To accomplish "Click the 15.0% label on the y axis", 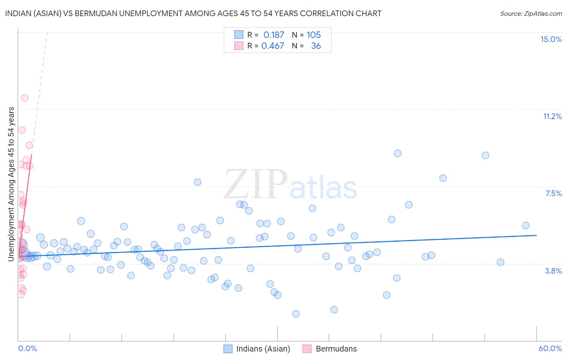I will click(551, 39).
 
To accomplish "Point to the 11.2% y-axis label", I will click(552, 116).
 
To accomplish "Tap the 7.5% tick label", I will click(553, 193).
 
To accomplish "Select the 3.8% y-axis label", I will click(553, 271).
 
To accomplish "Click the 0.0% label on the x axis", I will click(27, 348).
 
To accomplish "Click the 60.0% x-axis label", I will click(550, 348).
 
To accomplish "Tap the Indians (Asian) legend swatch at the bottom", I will click(228, 349).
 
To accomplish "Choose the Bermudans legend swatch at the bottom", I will click(307, 349).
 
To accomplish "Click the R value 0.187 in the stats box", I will click(274, 35).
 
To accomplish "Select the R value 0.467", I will click(273, 46).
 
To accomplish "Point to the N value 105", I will click(314, 35).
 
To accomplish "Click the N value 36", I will click(316, 46).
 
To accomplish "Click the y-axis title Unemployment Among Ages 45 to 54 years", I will click(11, 184).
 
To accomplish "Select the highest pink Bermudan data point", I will click(25, 98).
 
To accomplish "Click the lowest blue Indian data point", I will click(296, 314).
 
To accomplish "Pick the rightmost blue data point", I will click(525, 226).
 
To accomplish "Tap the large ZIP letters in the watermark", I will click(255, 184).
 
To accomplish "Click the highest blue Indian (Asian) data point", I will click(398, 153).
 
